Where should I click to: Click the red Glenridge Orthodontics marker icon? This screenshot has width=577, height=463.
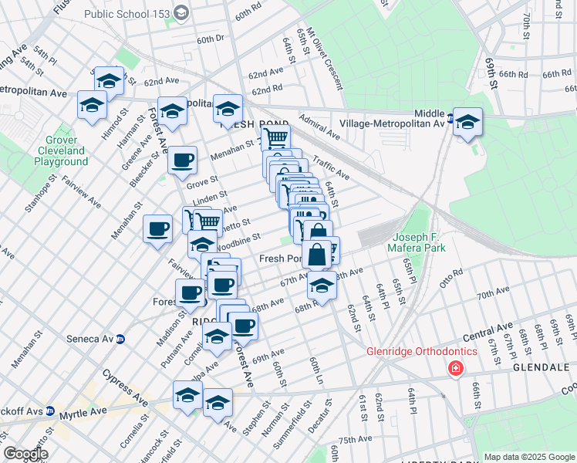point(456,369)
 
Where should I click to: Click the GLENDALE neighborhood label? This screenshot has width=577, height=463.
point(540,369)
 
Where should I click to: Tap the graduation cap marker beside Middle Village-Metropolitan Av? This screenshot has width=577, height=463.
point(467,122)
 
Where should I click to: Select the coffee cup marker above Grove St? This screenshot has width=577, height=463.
point(183,160)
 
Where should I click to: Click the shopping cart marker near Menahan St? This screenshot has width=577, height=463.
point(275,139)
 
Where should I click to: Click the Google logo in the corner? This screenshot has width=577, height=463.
point(26,454)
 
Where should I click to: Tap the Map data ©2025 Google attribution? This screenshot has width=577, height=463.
point(528,457)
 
